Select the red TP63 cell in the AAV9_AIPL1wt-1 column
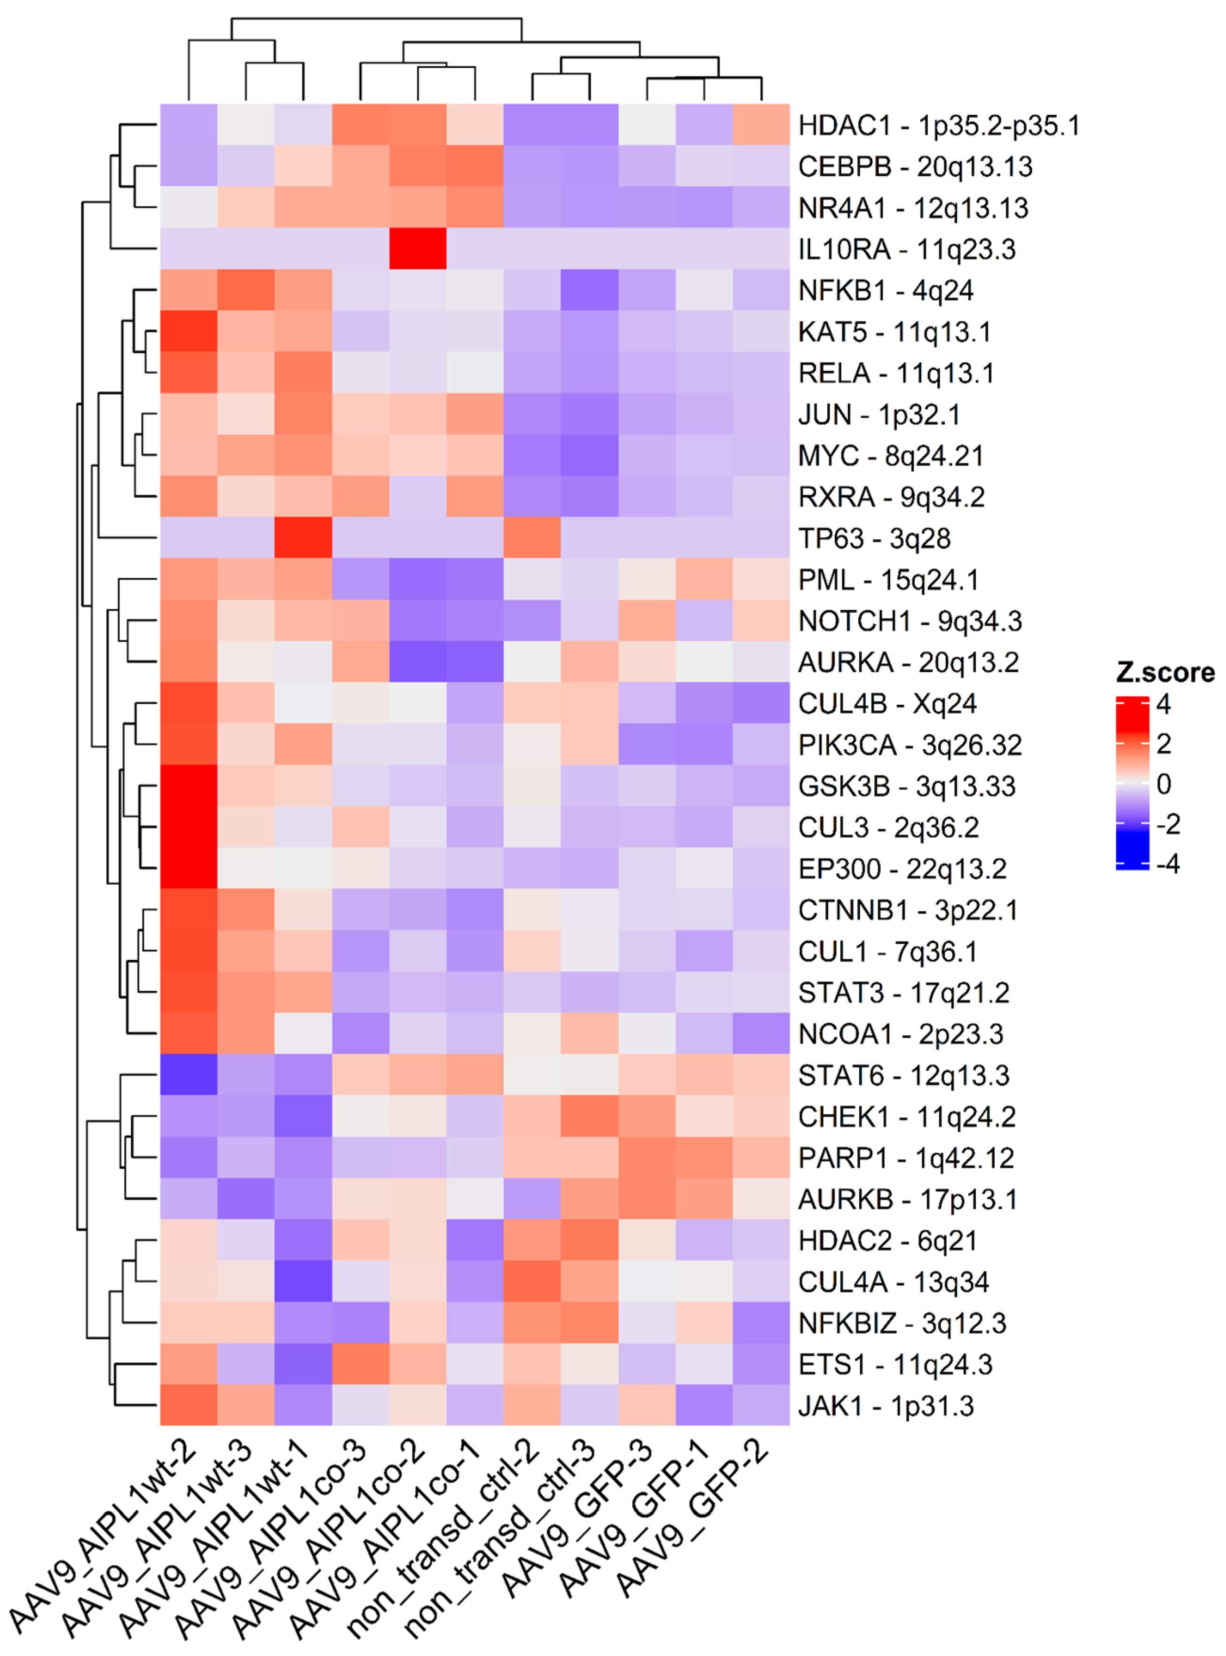[303, 537]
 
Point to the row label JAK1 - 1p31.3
[886, 1405]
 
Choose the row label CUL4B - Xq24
[887, 703]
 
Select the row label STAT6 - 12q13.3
[903, 1075]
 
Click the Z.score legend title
[1164, 672]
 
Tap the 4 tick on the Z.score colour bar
[1163, 704]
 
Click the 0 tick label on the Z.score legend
[1163, 784]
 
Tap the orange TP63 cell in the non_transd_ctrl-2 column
[532, 537]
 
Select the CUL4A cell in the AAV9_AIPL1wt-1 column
[303, 1281]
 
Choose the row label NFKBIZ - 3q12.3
[902, 1323]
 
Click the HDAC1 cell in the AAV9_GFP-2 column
[761, 125]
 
